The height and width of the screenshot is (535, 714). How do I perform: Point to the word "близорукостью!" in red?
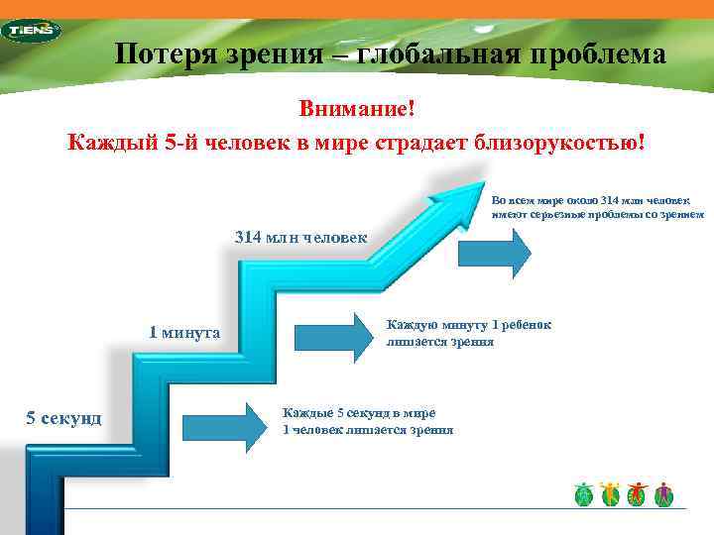[x=551, y=142]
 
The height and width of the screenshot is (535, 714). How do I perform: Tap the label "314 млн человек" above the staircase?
[x=299, y=237]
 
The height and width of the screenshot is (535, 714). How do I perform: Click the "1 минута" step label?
[x=184, y=332]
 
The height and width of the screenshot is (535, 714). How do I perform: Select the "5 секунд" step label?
[x=63, y=417]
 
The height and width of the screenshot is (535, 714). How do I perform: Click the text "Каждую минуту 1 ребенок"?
[x=469, y=325]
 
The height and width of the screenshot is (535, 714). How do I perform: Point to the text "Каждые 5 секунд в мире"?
[x=359, y=412]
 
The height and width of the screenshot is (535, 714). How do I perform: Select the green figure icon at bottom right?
[x=583, y=493]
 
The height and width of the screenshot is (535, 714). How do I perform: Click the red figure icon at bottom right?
[x=637, y=493]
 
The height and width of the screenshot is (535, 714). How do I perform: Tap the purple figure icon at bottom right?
[x=663, y=493]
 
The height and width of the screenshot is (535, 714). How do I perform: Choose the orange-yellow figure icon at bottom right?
[x=610, y=493]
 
